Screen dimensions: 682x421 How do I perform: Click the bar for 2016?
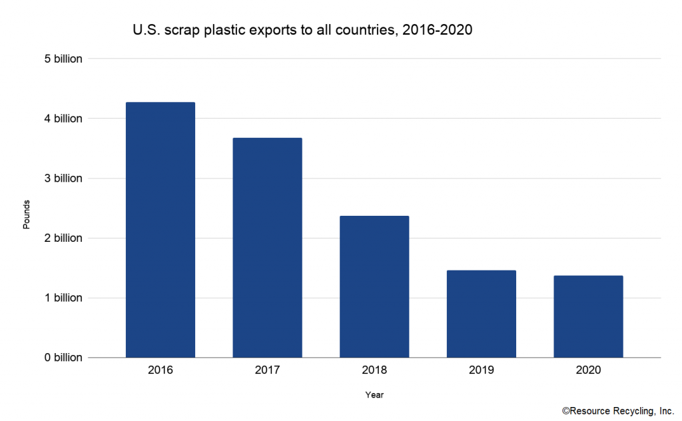coord(161,230)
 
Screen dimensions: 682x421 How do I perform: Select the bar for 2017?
coord(268,247)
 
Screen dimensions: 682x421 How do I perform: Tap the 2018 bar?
coord(374,286)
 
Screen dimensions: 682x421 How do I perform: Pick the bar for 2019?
coord(482,314)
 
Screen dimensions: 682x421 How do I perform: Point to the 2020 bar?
coord(589,316)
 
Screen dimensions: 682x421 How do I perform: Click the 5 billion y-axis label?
coord(63,59)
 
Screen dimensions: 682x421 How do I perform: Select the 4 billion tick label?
coord(63,119)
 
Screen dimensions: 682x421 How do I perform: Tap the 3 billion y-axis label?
coord(63,179)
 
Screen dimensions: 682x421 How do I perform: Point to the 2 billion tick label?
coord(63,238)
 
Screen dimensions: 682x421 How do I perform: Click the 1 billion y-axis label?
coord(63,298)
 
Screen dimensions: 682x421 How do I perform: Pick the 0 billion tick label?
coord(63,358)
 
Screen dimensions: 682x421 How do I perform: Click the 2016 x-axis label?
coord(161,370)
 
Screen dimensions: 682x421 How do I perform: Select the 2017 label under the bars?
coord(268,370)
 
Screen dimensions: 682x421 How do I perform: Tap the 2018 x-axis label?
coord(374,370)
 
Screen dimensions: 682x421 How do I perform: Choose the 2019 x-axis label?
coord(482,370)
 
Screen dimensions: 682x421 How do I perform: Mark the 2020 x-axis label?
coord(589,370)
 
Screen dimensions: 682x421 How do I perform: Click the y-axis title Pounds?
coord(27,214)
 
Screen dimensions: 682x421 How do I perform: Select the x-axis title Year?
coord(374,395)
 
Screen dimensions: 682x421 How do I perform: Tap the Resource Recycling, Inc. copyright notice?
coord(618,411)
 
